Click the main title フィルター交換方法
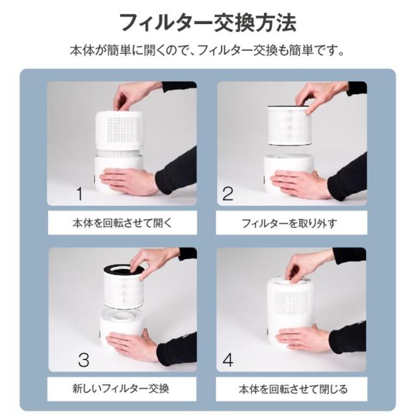[208, 23]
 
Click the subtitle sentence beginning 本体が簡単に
[207, 50]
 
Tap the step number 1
[79, 194]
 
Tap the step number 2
[228, 194]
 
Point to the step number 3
[84, 359]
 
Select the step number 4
[228, 359]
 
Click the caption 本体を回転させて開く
[122, 223]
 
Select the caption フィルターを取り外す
[289, 224]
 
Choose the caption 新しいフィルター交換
[121, 389]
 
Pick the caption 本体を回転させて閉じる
[293, 389]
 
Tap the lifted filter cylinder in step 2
[289, 125]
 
